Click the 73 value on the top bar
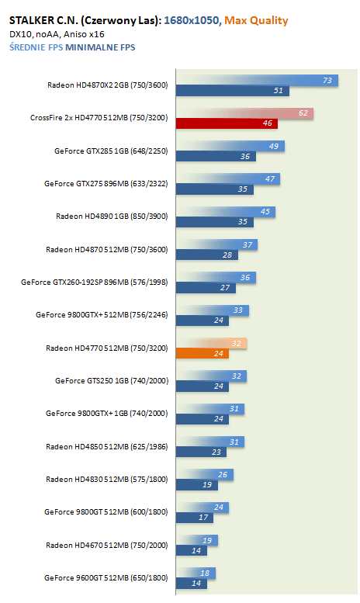pyautogui.click(x=327, y=81)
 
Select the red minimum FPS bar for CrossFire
pyautogui.click(x=227, y=123)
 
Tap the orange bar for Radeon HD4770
pyautogui.click(x=202, y=353)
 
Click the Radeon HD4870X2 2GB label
pyautogui.click(x=108, y=85)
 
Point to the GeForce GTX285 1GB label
pyautogui.click(x=111, y=151)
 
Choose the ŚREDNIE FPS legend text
pyautogui.click(x=36, y=47)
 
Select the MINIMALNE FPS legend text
pyautogui.click(x=100, y=47)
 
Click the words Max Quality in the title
pyautogui.click(x=256, y=20)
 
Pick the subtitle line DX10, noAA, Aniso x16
pyautogui.click(x=57, y=34)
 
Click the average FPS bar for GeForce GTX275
pyautogui.click(x=228, y=179)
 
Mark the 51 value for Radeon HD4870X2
pyautogui.click(x=278, y=90)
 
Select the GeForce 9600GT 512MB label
pyautogui.click(x=106, y=577)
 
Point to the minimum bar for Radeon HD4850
pyautogui.click(x=201, y=452)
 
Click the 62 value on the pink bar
pyautogui.click(x=303, y=113)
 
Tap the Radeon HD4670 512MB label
pyautogui.click(x=107, y=545)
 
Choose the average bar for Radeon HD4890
pyautogui.click(x=226, y=212)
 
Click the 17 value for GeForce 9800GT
pyautogui.click(x=203, y=518)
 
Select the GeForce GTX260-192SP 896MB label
pyautogui.click(x=95, y=282)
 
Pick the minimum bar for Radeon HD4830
pyautogui.click(x=197, y=485)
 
